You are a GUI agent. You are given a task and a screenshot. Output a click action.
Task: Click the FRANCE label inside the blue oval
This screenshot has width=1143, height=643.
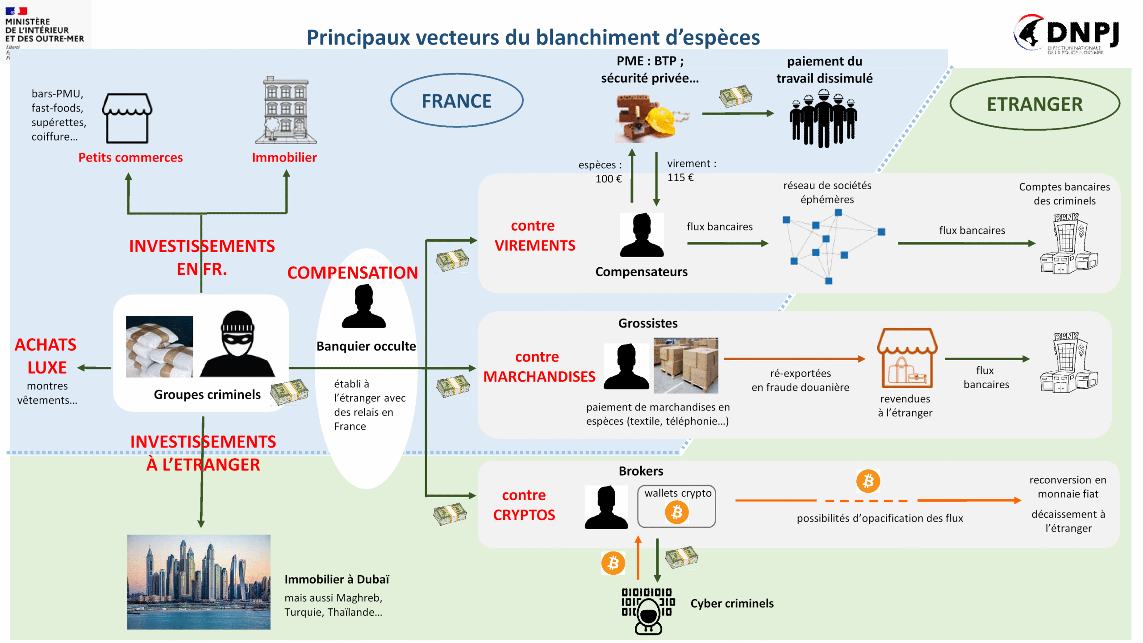[456, 101]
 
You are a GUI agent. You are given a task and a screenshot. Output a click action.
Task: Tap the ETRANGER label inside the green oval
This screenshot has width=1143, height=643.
[1034, 104]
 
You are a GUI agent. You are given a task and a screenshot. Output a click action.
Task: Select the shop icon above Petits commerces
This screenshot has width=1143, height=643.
[127, 118]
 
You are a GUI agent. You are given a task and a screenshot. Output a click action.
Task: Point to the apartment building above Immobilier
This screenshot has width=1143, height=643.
[286, 111]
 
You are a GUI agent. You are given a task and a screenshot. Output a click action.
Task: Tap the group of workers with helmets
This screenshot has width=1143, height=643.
[823, 118]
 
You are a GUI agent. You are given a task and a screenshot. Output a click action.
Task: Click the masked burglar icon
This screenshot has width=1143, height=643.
[237, 344]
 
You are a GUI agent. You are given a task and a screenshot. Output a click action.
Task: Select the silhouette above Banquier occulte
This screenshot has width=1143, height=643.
[363, 307]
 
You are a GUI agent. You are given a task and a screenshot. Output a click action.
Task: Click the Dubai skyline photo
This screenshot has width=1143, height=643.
[199, 582]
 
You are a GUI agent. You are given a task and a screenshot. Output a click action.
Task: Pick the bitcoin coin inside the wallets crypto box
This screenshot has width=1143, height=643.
[676, 512]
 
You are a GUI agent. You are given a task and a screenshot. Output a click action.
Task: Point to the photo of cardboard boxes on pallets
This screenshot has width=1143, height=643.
[686, 365]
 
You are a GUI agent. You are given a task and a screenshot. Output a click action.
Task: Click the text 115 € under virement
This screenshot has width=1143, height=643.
[680, 178]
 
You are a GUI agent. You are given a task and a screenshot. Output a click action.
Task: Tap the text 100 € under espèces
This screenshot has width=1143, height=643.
[608, 179]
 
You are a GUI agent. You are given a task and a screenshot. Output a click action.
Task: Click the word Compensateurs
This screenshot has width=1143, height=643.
[641, 272]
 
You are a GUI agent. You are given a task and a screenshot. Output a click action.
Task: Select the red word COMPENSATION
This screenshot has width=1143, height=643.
[352, 273]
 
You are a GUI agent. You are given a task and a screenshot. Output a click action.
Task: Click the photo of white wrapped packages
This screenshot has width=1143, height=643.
[159, 347]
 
